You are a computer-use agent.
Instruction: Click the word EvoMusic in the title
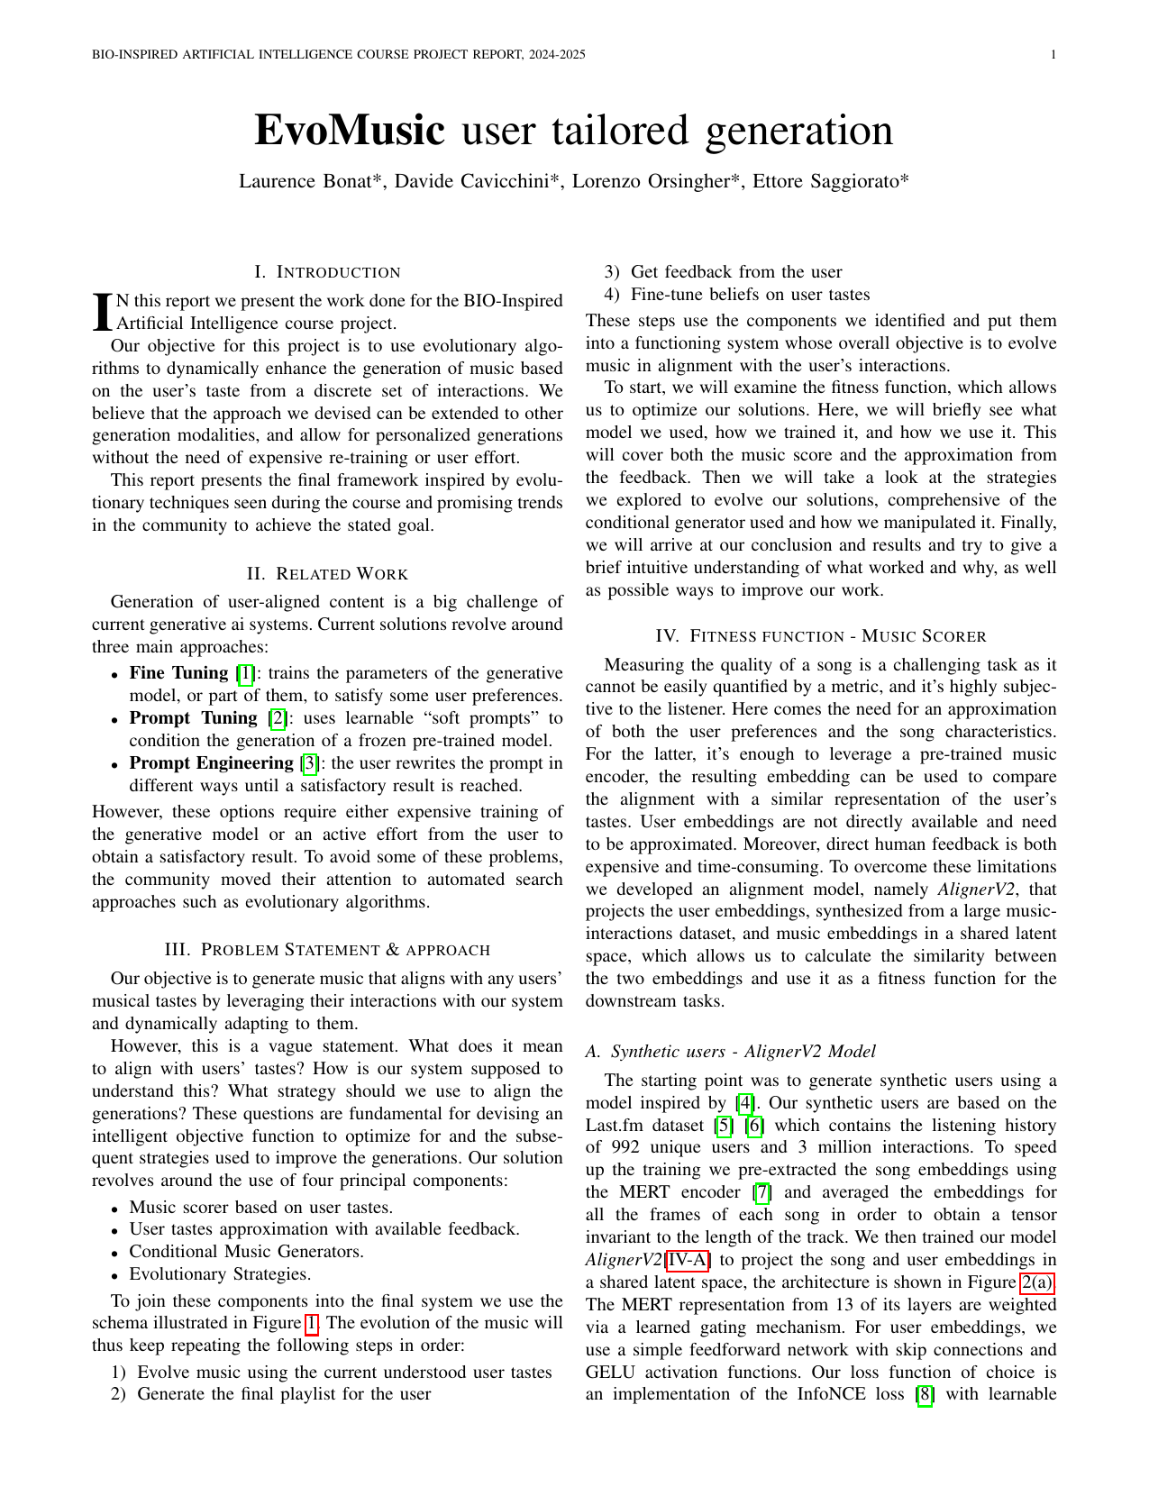[x=350, y=131]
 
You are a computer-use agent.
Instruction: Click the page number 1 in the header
[x=1053, y=55]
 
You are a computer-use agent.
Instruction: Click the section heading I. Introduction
[x=327, y=272]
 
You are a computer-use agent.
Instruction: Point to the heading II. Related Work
[x=327, y=574]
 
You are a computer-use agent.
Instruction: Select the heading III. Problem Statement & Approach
[x=327, y=950]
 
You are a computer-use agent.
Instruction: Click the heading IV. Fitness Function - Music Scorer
[x=821, y=636]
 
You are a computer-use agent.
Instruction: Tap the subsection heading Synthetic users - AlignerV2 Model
[x=731, y=1052]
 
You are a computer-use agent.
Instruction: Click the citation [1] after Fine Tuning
[x=244, y=673]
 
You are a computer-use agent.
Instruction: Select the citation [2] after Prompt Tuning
[x=278, y=718]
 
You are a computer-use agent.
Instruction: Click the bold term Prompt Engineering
[x=212, y=763]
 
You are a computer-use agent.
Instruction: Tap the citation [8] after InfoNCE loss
[x=925, y=1394]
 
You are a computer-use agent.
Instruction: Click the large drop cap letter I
[x=103, y=311]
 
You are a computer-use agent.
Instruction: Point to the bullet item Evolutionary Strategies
[x=220, y=1273]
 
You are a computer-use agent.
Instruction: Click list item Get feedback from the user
[x=736, y=272]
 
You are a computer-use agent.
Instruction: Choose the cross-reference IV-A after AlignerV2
[x=687, y=1260]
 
